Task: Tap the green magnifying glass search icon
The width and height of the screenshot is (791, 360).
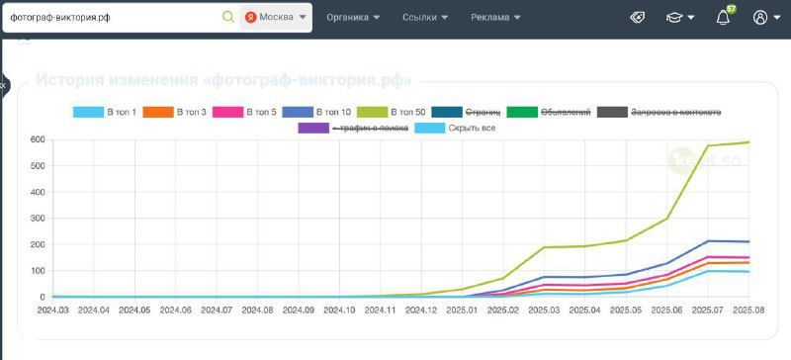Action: [228, 17]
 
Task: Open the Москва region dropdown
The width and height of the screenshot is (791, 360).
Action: [276, 17]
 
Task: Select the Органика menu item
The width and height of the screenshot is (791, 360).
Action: [353, 17]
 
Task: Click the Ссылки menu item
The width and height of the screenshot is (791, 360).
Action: [425, 17]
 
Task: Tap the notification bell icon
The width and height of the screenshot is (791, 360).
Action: [723, 17]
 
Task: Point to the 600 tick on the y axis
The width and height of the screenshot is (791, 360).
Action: [38, 139]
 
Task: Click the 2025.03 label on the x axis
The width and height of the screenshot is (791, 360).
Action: [543, 310]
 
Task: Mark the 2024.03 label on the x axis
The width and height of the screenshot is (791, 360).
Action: [52, 310]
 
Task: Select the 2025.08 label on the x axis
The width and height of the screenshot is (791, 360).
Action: [747, 310]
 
